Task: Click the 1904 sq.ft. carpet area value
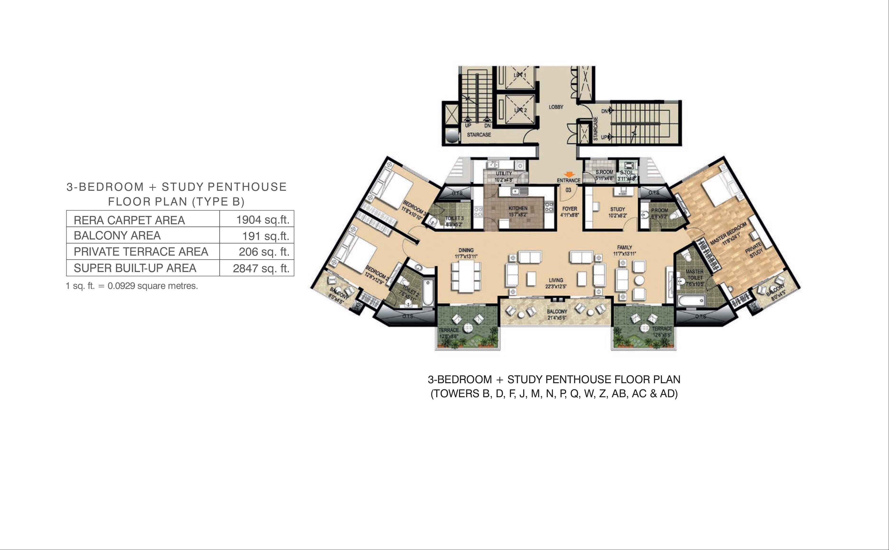262,220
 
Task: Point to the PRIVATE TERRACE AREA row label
141,252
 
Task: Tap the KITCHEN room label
518,208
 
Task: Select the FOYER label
569,209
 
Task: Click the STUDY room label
617,209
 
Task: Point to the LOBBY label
556,107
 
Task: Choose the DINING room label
466,250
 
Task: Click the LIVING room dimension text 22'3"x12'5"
556,286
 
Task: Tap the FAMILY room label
624,247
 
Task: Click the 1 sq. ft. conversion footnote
132,286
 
